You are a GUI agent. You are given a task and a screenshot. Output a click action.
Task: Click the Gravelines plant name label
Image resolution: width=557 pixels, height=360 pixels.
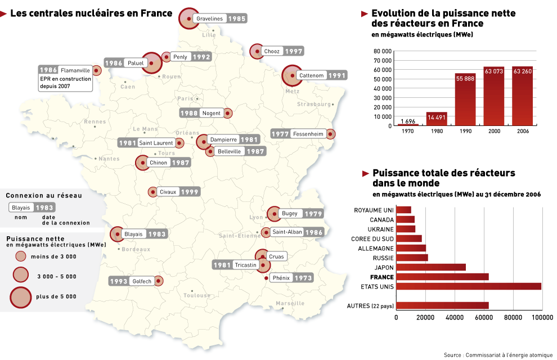point(210,19)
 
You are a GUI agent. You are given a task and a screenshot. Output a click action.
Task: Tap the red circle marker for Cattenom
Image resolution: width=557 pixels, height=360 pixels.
point(292,75)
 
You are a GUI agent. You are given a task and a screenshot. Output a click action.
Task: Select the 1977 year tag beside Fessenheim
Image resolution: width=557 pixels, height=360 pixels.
point(281,134)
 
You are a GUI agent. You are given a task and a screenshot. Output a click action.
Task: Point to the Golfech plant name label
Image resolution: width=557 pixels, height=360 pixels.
point(142,281)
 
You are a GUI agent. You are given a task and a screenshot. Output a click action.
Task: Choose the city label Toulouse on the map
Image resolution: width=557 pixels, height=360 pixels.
point(196,295)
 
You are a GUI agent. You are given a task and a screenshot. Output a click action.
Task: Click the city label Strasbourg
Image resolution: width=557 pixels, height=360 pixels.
point(314,104)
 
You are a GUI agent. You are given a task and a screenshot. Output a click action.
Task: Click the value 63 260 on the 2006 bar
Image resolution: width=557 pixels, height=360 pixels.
point(523,71)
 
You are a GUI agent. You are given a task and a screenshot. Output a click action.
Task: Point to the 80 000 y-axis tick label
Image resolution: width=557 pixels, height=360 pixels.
point(382,51)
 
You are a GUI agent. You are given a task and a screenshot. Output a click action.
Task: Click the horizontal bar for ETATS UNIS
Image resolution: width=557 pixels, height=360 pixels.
point(469,286)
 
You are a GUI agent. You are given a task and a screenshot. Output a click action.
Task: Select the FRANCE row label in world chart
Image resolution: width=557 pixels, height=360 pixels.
point(381,277)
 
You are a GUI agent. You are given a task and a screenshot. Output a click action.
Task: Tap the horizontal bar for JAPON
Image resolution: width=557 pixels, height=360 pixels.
point(431,267)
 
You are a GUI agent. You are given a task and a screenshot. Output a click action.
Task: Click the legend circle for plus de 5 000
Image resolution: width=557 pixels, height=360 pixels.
point(21,295)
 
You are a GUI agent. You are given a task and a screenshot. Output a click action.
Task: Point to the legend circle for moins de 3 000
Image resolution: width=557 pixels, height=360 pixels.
point(21,256)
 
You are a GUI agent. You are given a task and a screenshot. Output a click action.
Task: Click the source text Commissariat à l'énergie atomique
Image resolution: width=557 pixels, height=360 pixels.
point(502,354)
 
